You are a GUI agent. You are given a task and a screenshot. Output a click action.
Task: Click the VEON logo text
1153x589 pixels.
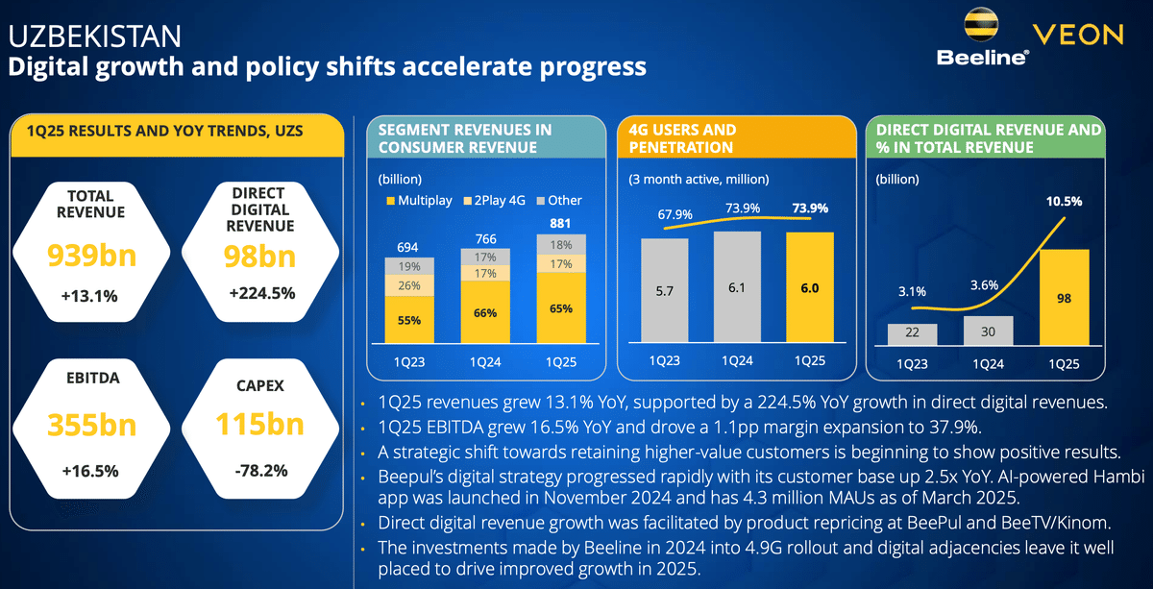[1077, 36]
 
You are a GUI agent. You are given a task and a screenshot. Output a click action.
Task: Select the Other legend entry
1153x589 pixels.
[559, 201]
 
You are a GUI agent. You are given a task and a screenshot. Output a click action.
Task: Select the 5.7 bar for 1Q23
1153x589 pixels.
[664, 290]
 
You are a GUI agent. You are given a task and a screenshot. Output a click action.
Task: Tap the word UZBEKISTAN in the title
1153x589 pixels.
[94, 37]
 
